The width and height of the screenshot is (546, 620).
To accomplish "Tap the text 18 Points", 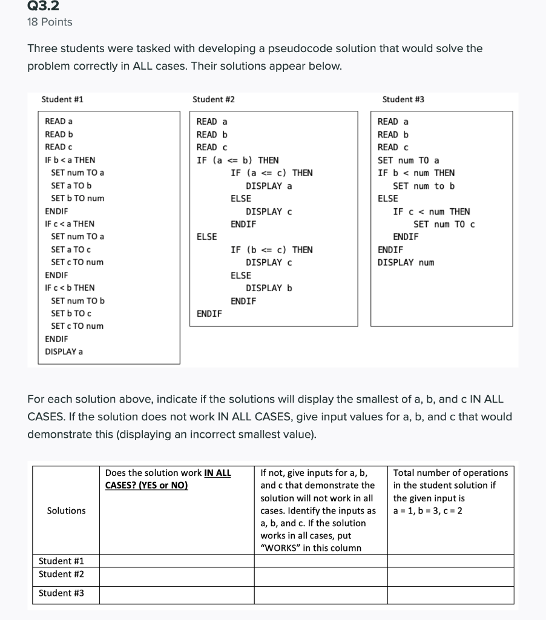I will (x=50, y=22).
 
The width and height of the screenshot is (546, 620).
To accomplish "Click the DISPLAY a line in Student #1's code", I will (x=64, y=351).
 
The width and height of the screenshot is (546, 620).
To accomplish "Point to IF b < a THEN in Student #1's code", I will (x=70, y=160).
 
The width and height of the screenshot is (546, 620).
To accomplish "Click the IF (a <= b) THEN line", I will (x=237, y=160).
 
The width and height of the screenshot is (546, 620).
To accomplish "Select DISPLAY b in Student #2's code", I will (x=269, y=288).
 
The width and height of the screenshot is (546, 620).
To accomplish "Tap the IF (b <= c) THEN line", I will (x=272, y=249).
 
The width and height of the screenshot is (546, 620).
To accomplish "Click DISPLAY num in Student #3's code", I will (x=406, y=262).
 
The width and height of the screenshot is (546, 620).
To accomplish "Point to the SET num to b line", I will (x=424, y=186).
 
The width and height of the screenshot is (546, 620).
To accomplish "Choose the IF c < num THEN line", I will (x=431, y=211).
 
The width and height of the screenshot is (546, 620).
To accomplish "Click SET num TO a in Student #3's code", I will (x=409, y=160).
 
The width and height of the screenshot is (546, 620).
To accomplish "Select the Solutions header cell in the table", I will (x=66, y=510).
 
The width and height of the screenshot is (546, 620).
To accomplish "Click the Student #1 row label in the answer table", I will (x=61, y=561).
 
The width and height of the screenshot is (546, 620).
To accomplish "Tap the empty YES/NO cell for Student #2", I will (x=177, y=574).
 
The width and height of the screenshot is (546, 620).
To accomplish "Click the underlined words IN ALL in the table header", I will (x=217, y=472).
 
